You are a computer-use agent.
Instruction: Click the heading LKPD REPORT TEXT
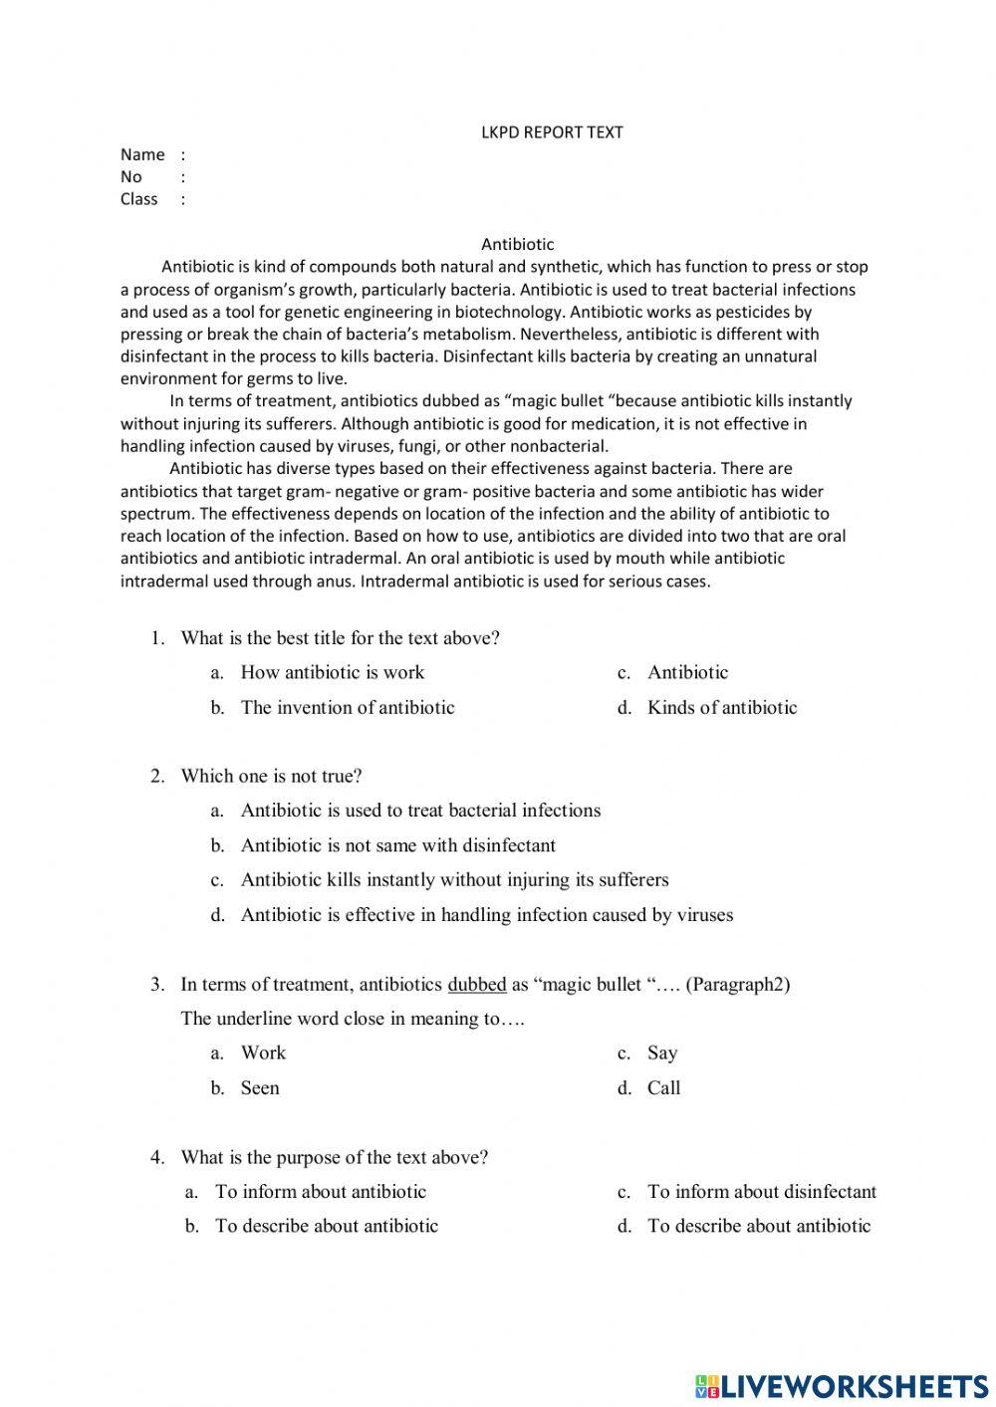[552, 131]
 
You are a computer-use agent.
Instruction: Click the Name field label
[142, 154]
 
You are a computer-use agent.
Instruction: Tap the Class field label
[139, 199]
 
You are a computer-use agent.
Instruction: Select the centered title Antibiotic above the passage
[517, 244]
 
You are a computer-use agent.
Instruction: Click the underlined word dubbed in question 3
[477, 985]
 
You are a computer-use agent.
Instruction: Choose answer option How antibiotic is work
[332, 673]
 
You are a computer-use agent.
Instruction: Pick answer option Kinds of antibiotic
[721, 708]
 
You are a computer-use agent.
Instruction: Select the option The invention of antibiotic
[347, 708]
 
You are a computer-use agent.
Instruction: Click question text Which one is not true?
[271, 776]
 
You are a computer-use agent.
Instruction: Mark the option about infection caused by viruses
[486, 915]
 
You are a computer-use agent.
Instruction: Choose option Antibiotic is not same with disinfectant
[397, 845]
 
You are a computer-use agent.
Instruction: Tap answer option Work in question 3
[263, 1054]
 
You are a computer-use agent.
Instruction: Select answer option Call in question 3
[663, 1088]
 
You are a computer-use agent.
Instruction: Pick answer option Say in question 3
[661, 1054]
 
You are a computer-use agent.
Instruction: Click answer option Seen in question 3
[259, 1088]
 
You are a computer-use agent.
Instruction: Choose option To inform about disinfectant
[761, 1192]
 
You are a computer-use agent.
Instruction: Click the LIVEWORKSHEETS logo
[841, 1385]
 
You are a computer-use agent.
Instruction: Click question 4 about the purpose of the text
[334, 1158]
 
